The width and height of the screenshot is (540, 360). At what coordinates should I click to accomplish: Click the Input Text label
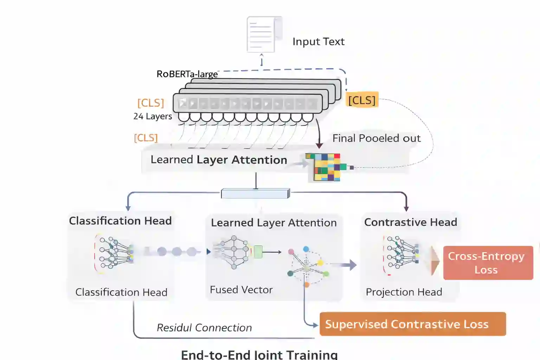318,41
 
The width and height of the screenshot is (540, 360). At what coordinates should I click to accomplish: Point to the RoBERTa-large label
187,74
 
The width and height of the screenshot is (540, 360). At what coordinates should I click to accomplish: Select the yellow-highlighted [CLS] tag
362,100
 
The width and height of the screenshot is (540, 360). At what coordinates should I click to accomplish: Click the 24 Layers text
153,116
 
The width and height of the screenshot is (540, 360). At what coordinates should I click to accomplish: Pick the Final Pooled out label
376,138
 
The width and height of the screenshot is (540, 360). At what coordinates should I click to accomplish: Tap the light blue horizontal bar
256,193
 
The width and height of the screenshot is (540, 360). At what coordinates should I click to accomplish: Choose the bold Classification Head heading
120,221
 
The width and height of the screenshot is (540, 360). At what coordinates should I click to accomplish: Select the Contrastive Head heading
410,222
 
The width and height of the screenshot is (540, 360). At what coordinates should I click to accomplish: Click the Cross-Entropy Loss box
488,263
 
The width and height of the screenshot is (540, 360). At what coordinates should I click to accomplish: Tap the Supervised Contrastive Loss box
412,324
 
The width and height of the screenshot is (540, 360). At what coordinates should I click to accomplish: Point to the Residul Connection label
204,328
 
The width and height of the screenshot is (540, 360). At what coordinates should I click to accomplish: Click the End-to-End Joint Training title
259,354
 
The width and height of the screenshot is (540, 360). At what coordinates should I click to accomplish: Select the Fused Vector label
241,290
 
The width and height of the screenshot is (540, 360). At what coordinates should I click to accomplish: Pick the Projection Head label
404,292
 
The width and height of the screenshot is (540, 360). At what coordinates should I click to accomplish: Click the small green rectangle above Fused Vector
258,252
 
